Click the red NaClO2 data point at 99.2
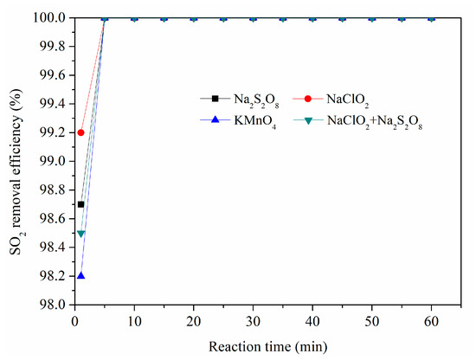80,132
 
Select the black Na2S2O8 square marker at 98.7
80,204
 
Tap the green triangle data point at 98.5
80,234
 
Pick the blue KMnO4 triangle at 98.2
80,276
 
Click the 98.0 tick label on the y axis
50,305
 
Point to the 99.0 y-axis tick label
50,161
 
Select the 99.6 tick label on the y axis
50,75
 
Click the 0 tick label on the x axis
74,320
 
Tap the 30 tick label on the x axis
253,320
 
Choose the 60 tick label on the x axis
431,320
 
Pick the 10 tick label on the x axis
134,320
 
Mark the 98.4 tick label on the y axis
50,247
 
